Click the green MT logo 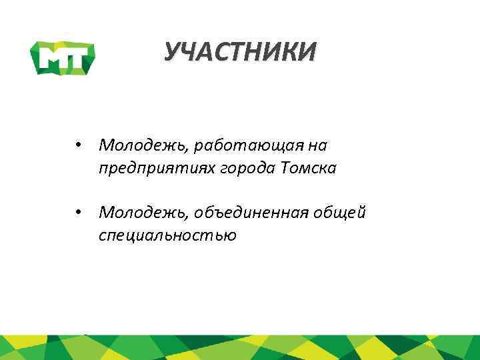tap(64, 57)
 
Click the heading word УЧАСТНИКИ tap(240, 52)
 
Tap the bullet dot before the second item tap(79, 213)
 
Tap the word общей tap(346, 213)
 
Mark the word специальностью tap(167, 235)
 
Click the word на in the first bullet tap(320, 145)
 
